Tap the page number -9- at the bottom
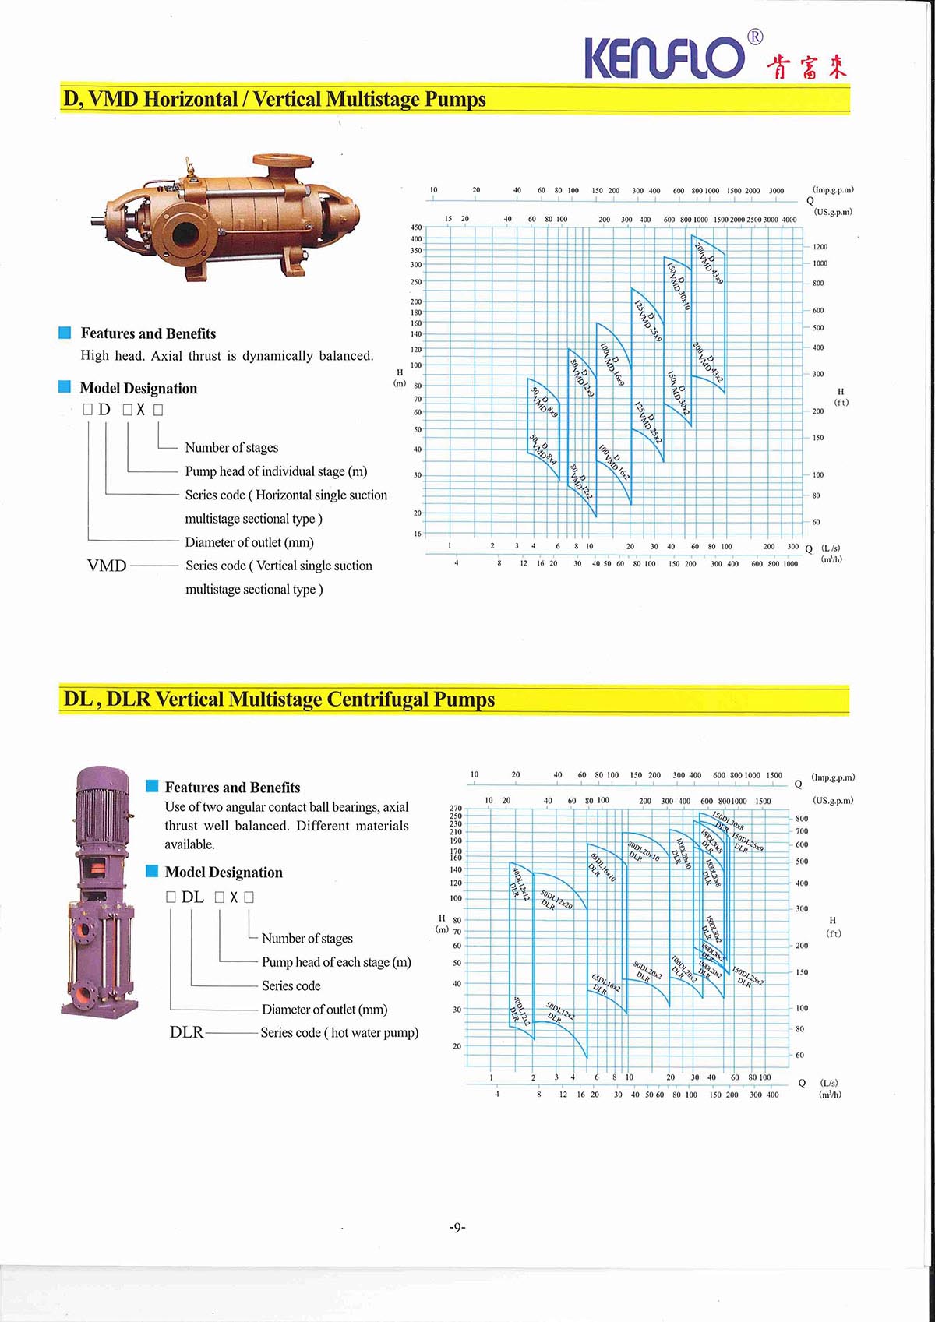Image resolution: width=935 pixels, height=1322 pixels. [457, 1227]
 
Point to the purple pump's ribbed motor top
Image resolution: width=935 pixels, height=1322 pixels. [102, 802]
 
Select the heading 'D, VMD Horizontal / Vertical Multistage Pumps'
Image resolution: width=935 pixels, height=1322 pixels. [274, 100]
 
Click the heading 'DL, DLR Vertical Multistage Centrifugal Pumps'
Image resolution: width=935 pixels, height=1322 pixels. [279, 700]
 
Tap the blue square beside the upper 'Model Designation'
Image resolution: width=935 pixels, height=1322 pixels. [65, 387]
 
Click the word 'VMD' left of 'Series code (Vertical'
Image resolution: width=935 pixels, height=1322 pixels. [107, 566]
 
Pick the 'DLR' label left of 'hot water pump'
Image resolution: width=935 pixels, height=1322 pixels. [186, 1032]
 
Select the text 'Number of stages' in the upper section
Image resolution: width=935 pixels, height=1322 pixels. [231, 448]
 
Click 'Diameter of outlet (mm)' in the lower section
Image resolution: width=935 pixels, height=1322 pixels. [324, 1010]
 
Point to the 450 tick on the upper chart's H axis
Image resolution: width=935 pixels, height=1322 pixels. [416, 227]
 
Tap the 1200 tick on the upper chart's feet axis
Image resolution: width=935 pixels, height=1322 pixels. [820, 247]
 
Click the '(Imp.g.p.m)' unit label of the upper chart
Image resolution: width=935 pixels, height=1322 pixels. [833, 189]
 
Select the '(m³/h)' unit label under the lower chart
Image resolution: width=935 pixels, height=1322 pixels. [830, 1095]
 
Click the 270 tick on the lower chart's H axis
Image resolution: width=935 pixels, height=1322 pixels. [456, 809]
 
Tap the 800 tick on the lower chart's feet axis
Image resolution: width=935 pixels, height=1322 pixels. [802, 819]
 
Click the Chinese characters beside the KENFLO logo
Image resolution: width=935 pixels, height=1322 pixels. [806, 66]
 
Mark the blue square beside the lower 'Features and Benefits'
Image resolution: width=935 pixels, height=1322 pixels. [153, 786]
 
